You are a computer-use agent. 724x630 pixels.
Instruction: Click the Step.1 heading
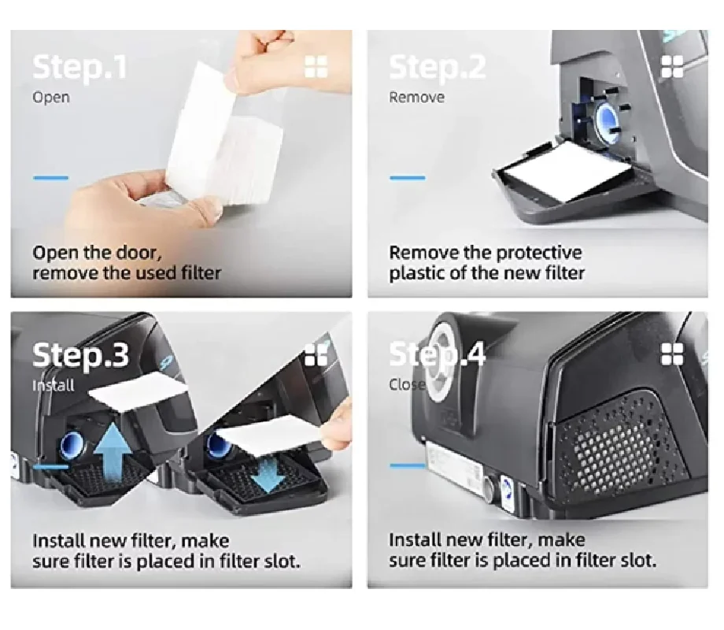(x=79, y=68)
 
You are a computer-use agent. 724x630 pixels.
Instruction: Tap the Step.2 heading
(x=438, y=68)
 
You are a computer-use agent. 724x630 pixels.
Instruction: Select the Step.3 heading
(x=80, y=355)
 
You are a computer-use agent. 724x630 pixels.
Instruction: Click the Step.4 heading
(x=438, y=355)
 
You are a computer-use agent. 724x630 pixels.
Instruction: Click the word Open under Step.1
(x=51, y=98)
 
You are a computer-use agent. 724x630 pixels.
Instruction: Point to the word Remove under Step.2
(x=416, y=98)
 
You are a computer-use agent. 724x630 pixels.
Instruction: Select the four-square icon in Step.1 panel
(x=316, y=67)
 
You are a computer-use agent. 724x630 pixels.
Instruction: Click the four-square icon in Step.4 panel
(x=672, y=354)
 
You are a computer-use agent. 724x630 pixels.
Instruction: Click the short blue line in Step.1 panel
(x=50, y=178)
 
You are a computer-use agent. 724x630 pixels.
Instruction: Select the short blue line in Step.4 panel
(x=408, y=465)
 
